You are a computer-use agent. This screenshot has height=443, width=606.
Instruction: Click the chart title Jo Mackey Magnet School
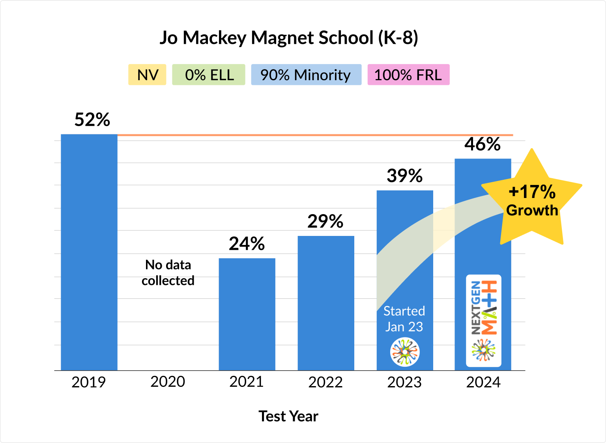(x=288, y=38)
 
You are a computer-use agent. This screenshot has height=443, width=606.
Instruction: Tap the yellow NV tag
(x=147, y=75)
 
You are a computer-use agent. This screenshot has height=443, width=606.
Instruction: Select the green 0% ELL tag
(x=209, y=75)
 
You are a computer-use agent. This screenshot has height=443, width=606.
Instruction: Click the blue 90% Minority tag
(x=306, y=75)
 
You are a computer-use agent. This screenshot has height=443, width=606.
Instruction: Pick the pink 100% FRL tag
(x=408, y=75)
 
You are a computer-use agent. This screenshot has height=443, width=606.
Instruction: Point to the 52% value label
(x=92, y=119)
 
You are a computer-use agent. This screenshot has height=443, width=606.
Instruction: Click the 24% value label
(x=247, y=243)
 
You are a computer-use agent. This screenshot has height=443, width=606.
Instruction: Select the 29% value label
(x=325, y=221)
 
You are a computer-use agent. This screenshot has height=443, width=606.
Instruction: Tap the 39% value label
(x=405, y=176)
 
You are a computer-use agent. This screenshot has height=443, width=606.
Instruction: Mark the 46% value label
(x=483, y=144)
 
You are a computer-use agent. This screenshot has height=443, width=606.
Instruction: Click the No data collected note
(x=168, y=273)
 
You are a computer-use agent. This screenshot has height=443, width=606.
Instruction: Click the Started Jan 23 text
(x=404, y=319)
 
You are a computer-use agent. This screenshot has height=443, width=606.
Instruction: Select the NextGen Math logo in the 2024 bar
(x=484, y=320)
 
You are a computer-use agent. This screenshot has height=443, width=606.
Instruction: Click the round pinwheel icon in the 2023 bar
(x=405, y=352)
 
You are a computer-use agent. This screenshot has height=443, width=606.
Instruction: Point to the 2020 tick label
(x=168, y=382)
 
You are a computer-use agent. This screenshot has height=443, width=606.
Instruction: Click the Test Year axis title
(x=288, y=416)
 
